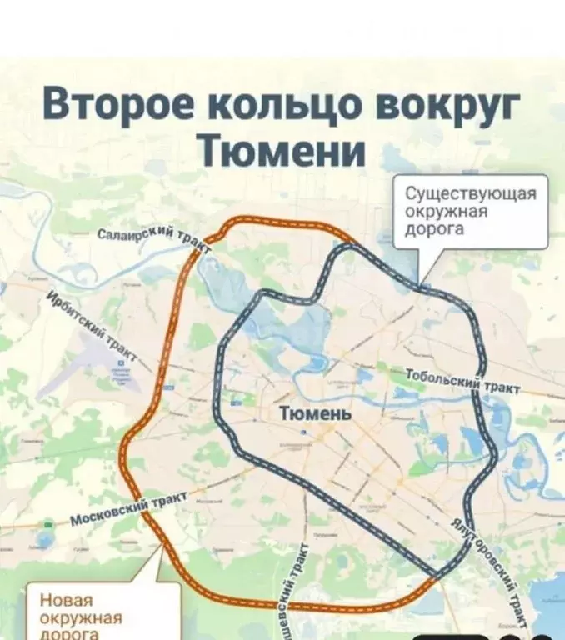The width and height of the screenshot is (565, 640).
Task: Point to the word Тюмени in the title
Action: click(x=283, y=152)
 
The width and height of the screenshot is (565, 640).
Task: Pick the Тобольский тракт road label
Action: click(x=462, y=380)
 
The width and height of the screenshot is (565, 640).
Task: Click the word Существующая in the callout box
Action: click(x=470, y=195)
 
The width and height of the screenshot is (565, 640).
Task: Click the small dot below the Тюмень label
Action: click(x=305, y=432)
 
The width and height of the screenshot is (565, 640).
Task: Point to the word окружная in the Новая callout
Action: click(x=81, y=619)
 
